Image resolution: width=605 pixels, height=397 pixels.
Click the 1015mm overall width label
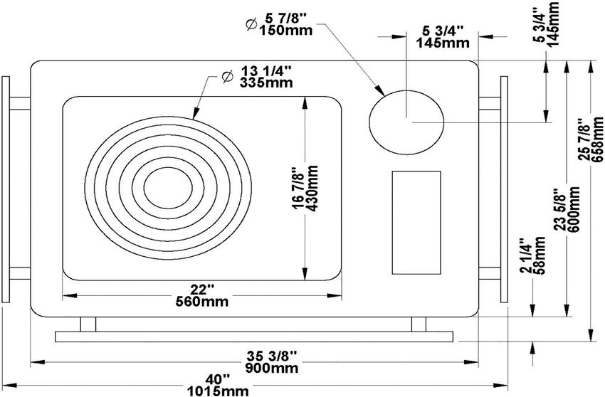tap(218, 391)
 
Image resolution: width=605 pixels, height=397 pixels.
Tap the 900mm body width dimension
tap(272, 368)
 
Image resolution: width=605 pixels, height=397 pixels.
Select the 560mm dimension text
tap(202, 302)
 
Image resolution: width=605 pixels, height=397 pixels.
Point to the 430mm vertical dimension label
tap(312, 189)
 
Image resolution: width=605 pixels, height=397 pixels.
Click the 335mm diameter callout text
tap(266, 83)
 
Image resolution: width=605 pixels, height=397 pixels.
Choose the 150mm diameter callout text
tap(286, 30)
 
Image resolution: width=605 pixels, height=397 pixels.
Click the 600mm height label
tap(574, 209)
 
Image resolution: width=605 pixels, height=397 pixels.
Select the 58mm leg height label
tap(539, 255)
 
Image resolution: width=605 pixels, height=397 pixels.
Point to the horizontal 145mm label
tap(443, 43)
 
